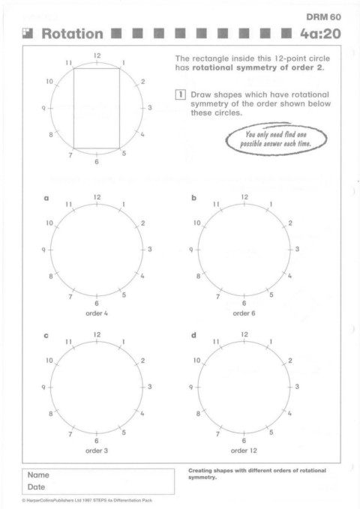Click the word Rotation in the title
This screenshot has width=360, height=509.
(72, 34)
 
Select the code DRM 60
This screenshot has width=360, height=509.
(323, 17)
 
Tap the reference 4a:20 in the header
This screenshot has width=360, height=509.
(320, 34)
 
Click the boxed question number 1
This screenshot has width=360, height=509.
(180, 94)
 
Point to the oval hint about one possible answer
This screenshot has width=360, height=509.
(277, 139)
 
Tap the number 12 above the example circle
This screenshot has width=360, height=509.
(97, 55)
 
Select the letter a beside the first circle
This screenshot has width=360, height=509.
(46, 198)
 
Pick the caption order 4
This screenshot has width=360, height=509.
(97, 313)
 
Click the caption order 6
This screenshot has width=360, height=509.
(244, 313)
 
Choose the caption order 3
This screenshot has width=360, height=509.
(97, 451)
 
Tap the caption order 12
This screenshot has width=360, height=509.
(244, 451)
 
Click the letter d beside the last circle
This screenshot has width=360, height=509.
(193, 334)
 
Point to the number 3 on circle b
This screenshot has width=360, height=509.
(297, 250)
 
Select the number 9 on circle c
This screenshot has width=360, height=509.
(43, 387)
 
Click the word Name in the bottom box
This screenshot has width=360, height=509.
(38, 475)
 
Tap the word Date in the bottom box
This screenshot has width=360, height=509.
(36, 487)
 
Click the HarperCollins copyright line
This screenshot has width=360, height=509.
(87, 500)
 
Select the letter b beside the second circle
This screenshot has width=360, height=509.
(194, 198)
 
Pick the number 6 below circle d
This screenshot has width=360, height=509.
(244, 441)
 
